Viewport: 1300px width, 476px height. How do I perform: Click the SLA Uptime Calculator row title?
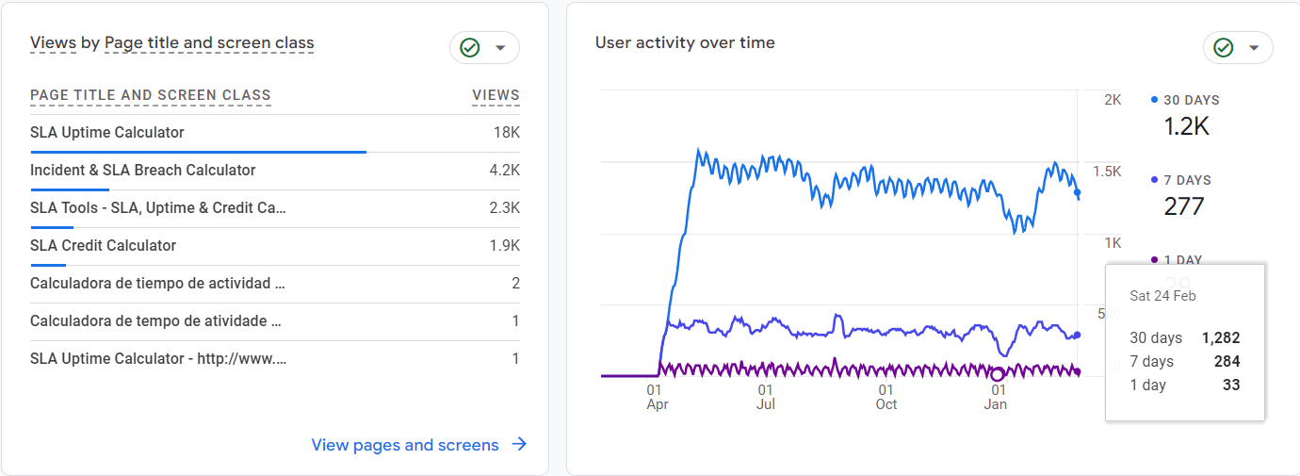[107, 133]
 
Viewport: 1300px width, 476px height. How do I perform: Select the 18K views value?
[506, 133]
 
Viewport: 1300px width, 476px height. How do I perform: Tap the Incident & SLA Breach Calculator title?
[142, 171]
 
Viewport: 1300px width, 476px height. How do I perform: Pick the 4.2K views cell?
[504, 171]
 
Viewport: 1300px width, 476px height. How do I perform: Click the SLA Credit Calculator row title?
[103, 246]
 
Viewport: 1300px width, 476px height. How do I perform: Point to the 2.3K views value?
[504, 208]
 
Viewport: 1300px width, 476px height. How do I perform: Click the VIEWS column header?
[496, 95]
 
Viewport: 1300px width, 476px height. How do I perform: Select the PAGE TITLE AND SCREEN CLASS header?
[151, 95]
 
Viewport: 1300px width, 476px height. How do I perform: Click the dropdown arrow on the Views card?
[500, 47]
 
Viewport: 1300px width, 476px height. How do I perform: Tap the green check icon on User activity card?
[1223, 47]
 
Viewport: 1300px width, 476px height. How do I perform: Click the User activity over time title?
[685, 43]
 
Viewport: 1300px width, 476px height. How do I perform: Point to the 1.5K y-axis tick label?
[1106, 172]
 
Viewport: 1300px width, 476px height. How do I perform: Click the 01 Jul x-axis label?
[766, 397]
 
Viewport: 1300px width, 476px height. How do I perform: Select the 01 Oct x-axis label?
[886, 397]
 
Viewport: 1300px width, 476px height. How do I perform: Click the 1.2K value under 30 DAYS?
[1186, 126]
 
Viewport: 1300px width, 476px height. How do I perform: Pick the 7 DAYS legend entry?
[1186, 180]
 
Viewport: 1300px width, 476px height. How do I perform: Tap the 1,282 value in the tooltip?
[1221, 338]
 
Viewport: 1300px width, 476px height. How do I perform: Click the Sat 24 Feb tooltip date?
[1162, 296]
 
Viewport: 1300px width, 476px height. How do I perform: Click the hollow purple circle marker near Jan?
[998, 374]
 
